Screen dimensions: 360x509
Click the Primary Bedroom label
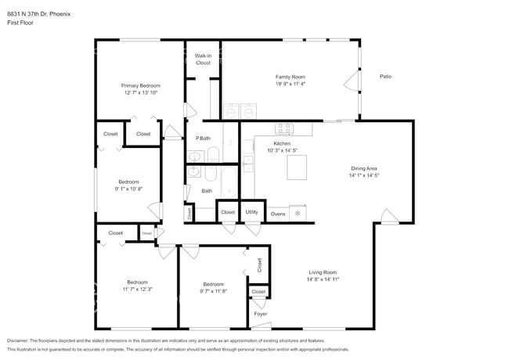(140, 85)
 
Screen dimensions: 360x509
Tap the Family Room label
(290, 77)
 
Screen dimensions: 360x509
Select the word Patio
(385, 77)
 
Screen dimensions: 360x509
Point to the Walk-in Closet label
(203, 59)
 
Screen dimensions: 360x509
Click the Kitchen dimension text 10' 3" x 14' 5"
(282, 150)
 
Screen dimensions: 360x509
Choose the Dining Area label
(364, 168)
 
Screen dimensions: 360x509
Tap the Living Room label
(322, 272)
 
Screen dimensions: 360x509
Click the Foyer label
(261, 314)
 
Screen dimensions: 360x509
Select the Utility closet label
(251, 212)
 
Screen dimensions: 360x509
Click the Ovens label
(278, 213)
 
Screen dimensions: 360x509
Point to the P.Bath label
(203, 139)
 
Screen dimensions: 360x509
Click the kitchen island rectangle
(297, 167)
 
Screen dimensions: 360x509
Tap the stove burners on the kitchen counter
(283, 128)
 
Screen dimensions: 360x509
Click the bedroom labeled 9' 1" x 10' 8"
(128, 185)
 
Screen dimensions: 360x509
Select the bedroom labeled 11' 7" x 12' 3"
(137, 286)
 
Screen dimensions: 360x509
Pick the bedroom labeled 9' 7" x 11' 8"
(213, 287)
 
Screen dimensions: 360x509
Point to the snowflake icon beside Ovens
(298, 213)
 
